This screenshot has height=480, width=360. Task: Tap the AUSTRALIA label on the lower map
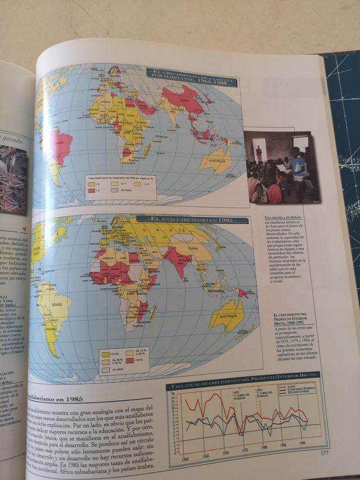pyautogui.click(x=227, y=316)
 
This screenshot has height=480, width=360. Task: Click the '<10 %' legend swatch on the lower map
pyautogui.click(x=105, y=355)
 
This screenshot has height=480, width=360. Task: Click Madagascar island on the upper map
pyautogui.click(x=147, y=150)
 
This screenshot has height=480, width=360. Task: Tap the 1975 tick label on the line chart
pyautogui.click(x=245, y=450)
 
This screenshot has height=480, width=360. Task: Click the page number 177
pyautogui.click(x=325, y=452)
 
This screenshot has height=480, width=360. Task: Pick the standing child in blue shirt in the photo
pyautogui.click(x=296, y=167)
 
